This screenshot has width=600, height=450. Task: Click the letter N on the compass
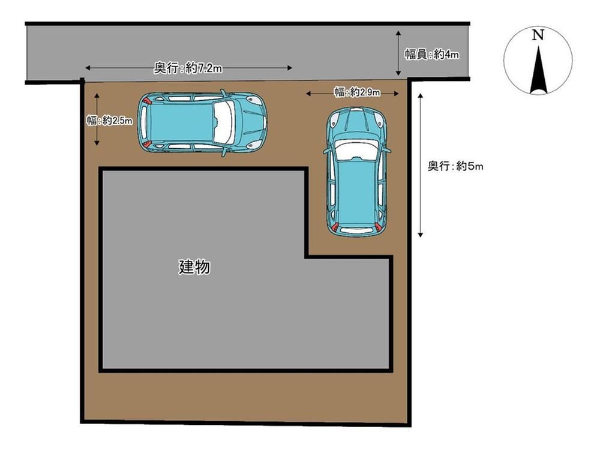[538, 35]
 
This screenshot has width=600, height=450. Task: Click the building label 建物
[194, 267]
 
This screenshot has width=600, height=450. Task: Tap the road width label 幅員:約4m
[432, 55]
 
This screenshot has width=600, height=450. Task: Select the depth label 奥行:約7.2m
[188, 68]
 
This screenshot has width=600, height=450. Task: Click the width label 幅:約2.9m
[357, 92]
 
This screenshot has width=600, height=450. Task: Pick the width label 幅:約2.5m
[109, 121]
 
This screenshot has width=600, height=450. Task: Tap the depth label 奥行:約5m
[455, 166]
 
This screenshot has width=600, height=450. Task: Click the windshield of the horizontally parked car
[224, 121]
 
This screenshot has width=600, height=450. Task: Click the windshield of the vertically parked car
[356, 149]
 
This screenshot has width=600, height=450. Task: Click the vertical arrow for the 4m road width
[398, 53]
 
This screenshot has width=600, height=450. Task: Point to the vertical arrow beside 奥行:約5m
[420, 166]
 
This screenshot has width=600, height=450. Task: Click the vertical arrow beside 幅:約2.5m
[97, 119]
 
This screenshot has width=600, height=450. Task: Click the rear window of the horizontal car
[143, 122]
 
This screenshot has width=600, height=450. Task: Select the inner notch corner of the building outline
[307, 257]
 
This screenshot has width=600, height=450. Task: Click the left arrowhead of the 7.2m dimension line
[88, 68]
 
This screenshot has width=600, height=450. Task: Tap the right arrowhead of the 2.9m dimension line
[397, 93]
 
